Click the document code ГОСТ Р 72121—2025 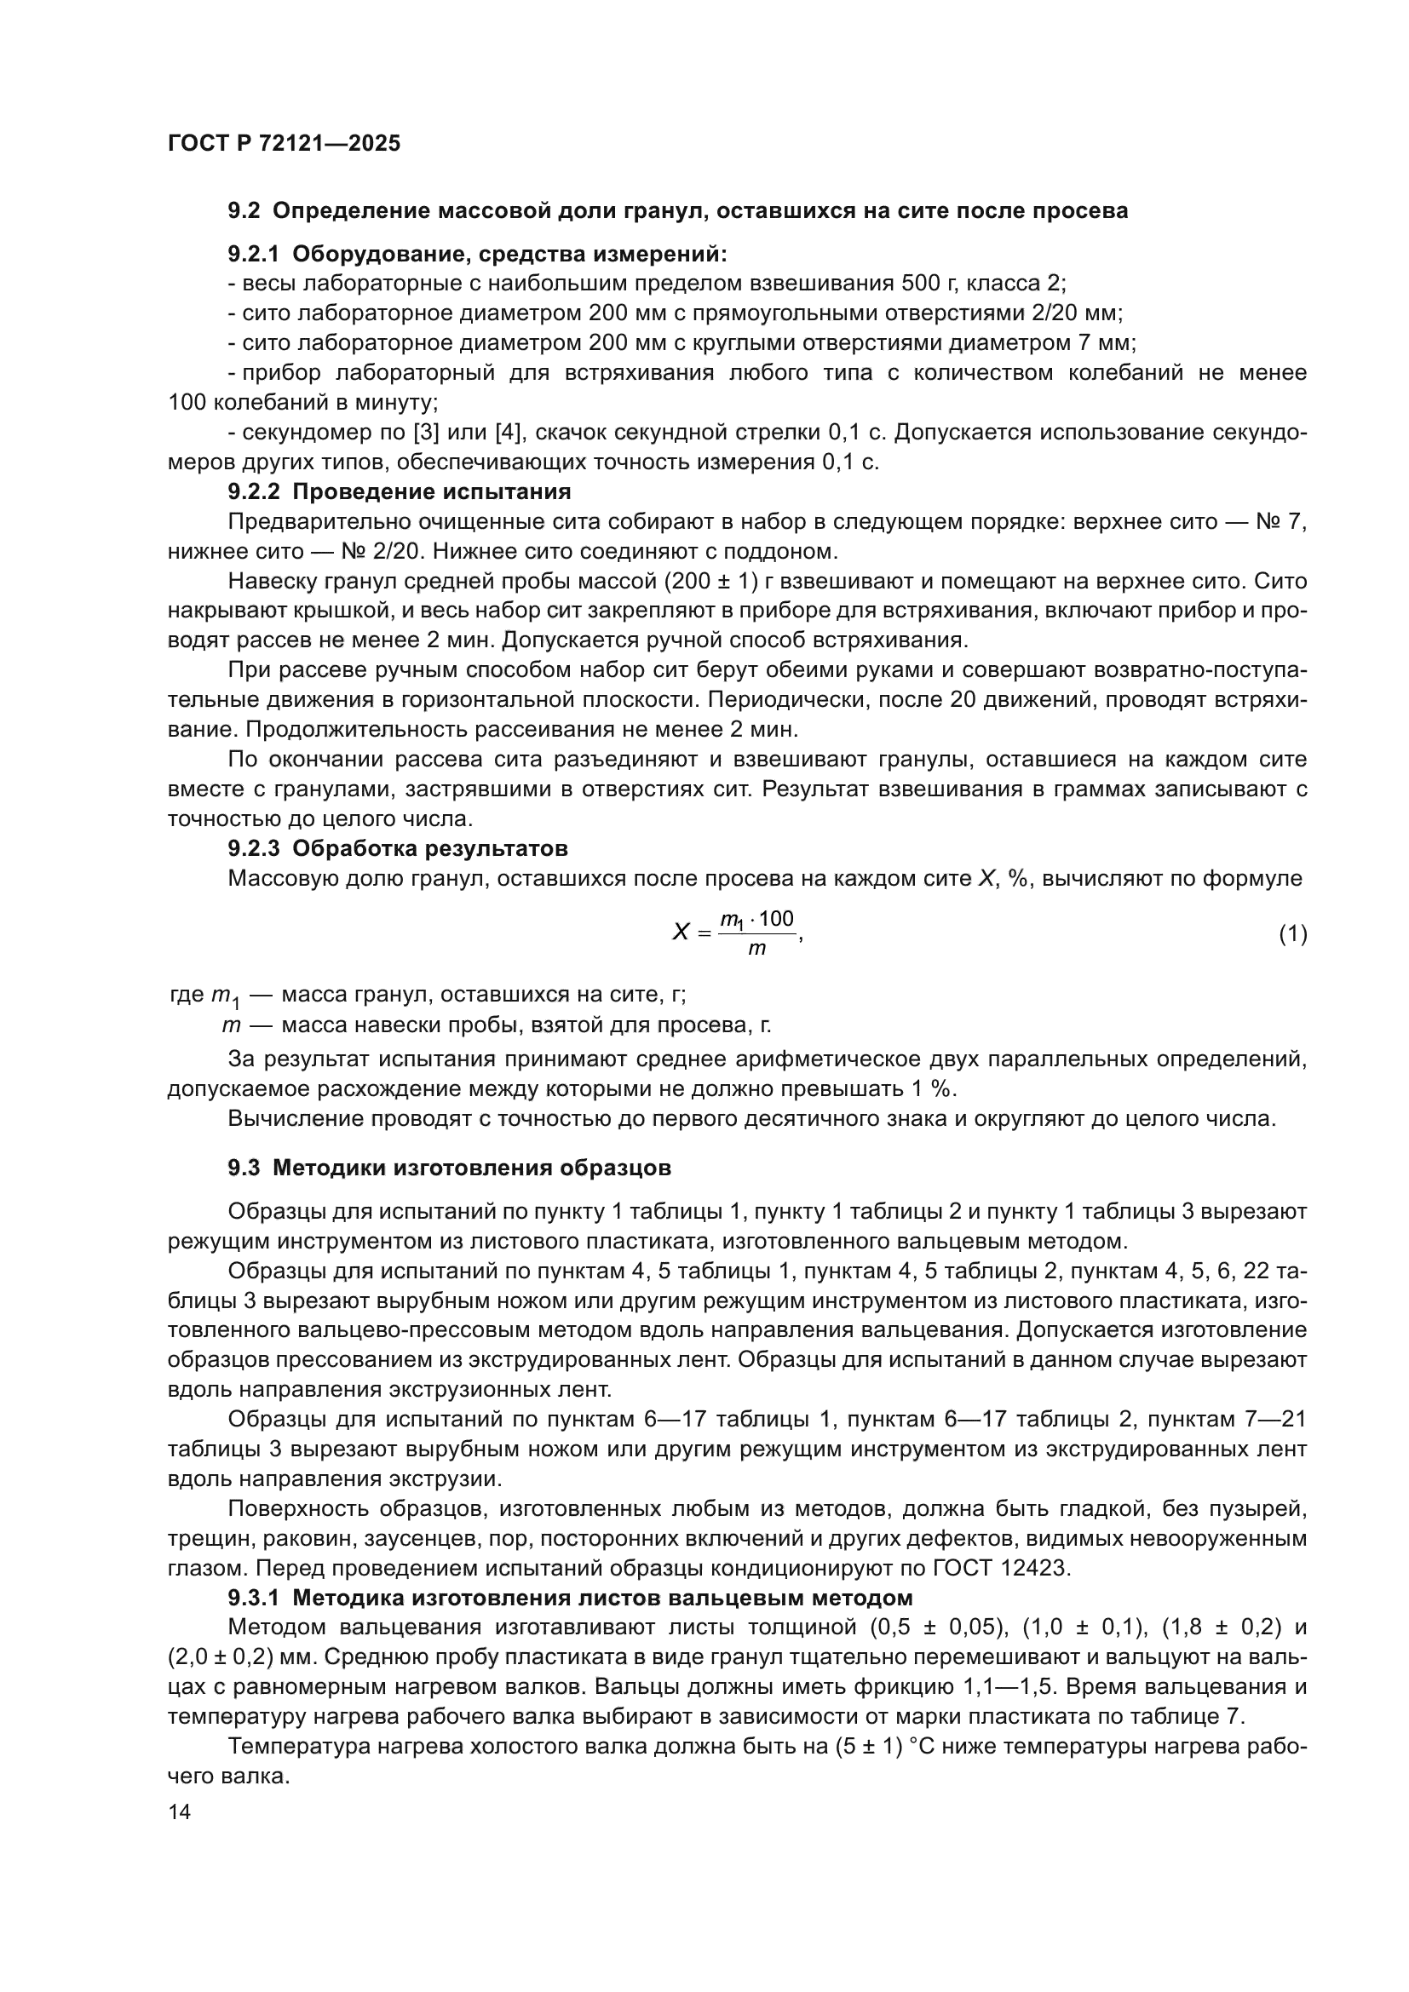[284, 143]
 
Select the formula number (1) [1293, 933]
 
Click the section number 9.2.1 [253, 254]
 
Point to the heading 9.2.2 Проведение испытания [399, 492]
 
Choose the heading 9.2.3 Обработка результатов [397, 847]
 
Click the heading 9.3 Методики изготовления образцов [450, 1168]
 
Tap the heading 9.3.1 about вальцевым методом [570, 1598]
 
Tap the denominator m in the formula [756, 948]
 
